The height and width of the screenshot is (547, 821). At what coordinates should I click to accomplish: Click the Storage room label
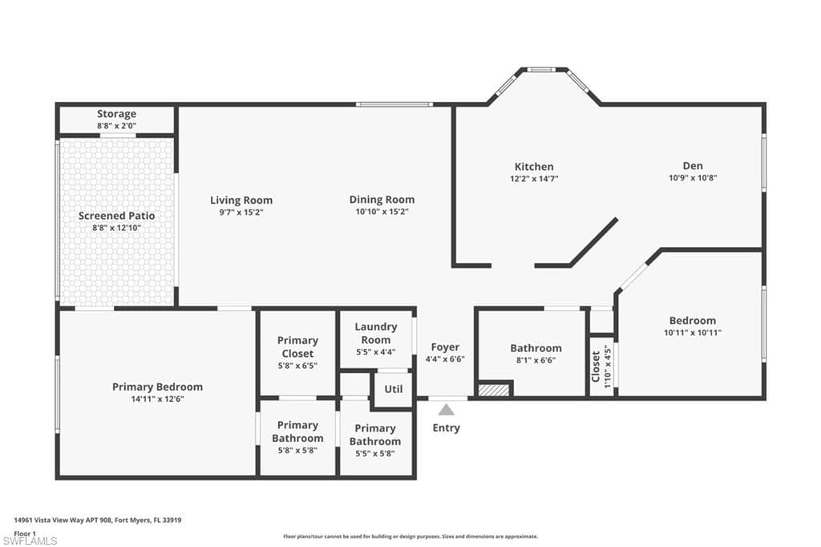point(116,114)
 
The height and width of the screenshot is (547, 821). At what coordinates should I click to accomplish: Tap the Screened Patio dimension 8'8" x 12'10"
point(117,228)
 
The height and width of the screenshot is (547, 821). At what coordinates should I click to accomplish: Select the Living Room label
point(241,201)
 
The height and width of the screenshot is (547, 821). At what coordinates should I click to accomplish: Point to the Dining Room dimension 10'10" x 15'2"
point(382,212)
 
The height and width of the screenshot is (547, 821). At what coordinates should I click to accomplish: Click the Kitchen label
point(534,167)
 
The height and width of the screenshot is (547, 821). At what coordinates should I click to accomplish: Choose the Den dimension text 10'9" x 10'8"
point(693,177)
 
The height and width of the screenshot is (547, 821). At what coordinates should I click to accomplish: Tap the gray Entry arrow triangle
point(446,409)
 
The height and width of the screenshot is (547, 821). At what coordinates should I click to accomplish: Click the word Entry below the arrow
point(446,428)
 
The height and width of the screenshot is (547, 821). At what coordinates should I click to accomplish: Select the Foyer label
point(445,346)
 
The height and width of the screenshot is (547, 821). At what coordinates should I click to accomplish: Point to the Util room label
point(394,389)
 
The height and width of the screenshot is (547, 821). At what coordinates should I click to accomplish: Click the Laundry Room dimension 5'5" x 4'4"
point(376,352)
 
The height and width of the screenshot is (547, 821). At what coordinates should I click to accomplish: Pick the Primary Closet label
point(297,346)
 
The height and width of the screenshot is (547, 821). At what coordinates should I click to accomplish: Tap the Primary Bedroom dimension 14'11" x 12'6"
point(158,399)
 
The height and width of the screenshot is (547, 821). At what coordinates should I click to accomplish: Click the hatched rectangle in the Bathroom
point(494,390)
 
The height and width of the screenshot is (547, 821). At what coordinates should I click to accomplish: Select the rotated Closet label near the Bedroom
point(596,367)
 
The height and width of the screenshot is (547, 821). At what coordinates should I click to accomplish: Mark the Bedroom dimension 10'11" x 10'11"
point(693,333)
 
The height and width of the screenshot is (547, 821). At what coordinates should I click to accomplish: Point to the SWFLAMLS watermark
point(30,541)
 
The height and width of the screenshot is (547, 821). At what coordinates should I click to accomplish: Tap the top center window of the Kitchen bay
point(541,69)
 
